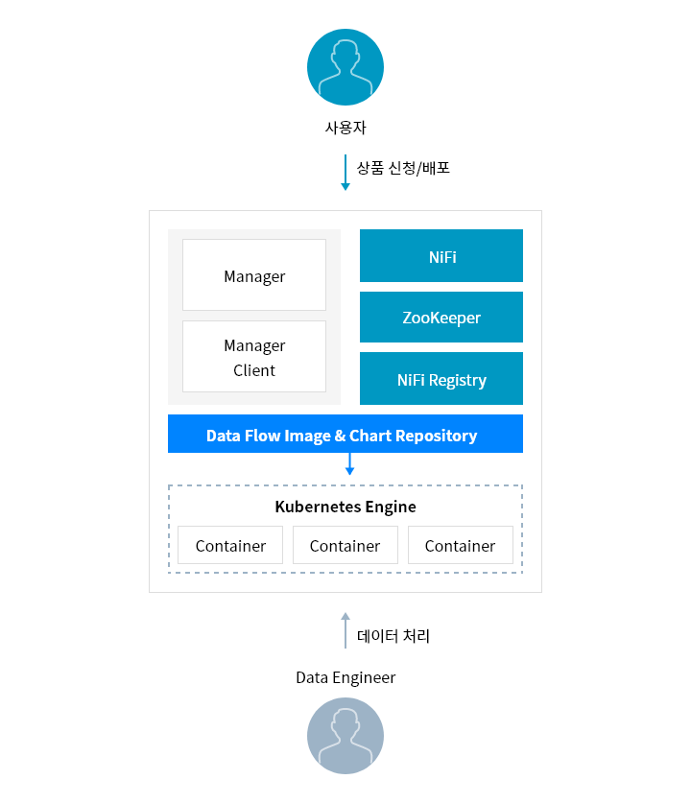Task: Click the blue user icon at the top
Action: click(x=345, y=67)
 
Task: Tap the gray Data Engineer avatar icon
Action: click(x=345, y=736)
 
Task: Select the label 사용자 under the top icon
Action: click(x=345, y=128)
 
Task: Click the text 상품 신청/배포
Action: click(x=403, y=168)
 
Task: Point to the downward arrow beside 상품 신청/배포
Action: click(x=345, y=173)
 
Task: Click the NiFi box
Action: click(x=441, y=255)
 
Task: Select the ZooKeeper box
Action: click(x=441, y=317)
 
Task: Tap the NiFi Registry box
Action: click(x=441, y=378)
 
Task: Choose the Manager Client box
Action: click(x=254, y=357)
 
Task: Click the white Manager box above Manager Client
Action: click(x=254, y=274)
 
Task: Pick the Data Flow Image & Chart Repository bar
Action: click(x=345, y=434)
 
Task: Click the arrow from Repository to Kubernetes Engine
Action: click(x=349, y=464)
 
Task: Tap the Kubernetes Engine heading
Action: click(x=345, y=507)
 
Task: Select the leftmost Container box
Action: click(x=230, y=545)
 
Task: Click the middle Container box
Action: click(x=345, y=545)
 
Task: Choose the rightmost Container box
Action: click(x=461, y=545)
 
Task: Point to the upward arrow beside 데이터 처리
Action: click(x=345, y=630)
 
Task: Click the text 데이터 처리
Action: click(x=393, y=636)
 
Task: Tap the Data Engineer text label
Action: click(x=345, y=677)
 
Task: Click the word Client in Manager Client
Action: click(x=254, y=370)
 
